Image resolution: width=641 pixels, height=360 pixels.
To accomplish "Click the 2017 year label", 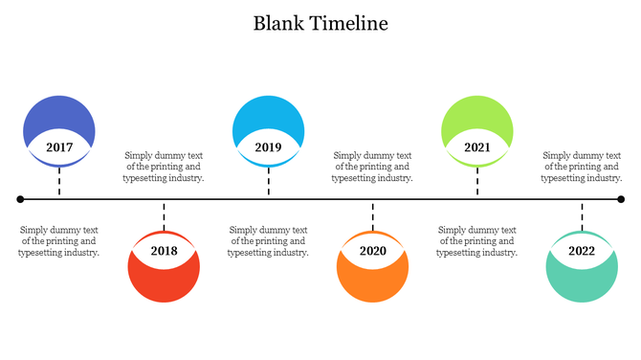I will pos(59,147).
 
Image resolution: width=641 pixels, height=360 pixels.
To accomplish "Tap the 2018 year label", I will pos(164,251).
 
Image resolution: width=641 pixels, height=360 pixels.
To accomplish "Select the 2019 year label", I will pos(268,147).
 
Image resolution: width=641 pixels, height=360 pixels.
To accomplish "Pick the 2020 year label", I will pos(373,251).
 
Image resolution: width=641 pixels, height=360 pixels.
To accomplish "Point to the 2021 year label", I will pos(477,147).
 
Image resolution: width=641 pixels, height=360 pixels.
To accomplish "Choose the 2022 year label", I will pos(582,251).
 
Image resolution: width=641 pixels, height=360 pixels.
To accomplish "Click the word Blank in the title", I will pos(278,24).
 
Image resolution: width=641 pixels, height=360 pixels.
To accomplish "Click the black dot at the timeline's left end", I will pos(20,199).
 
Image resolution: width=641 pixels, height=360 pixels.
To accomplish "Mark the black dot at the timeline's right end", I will pos(621,199).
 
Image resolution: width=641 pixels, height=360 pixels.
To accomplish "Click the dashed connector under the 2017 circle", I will pos(59,182).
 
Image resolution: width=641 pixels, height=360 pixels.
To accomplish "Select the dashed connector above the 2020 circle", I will pos(373,215).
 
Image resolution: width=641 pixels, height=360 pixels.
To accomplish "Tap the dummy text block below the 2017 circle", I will pos(59,241).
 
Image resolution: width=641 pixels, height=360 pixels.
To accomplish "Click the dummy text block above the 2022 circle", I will pos(582,167).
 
